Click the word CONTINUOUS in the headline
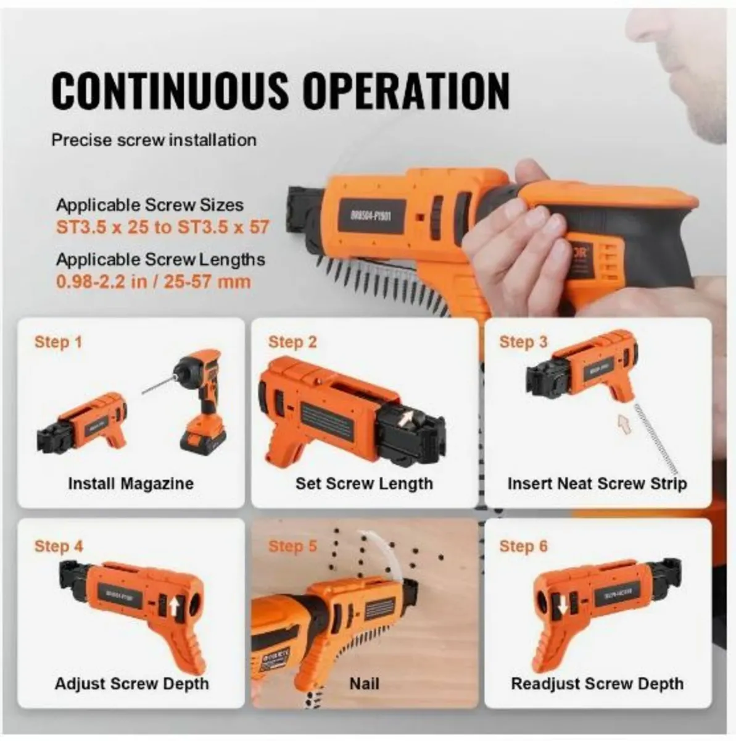pyautogui.click(x=170, y=90)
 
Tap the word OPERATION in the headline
pyautogui.click(x=407, y=90)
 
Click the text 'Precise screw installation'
pyautogui.click(x=154, y=140)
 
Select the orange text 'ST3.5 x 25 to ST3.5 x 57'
pyautogui.click(x=163, y=227)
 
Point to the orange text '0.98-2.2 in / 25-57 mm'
pyautogui.click(x=154, y=282)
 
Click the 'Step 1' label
pyautogui.click(x=58, y=341)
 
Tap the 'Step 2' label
pyautogui.click(x=292, y=341)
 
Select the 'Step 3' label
pyautogui.click(x=523, y=341)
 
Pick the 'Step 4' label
pyautogui.click(x=58, y=546)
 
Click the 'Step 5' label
pyautogui.click(x=292, y=546)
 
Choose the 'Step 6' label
pyautogui.click(x=523, y=546)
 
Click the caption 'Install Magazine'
pyautogui.click(x=131, y=483)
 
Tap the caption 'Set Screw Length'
pyautogui.click(x=364, y=483)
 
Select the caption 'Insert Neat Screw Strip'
pyautogui.click(x=597, y=483)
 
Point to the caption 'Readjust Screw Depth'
pyautogui.click(x=597, y=684)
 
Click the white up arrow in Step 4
pyautogui.click(x=173, y=608)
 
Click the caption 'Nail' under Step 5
pyautogui.click(x=364, y=684)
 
